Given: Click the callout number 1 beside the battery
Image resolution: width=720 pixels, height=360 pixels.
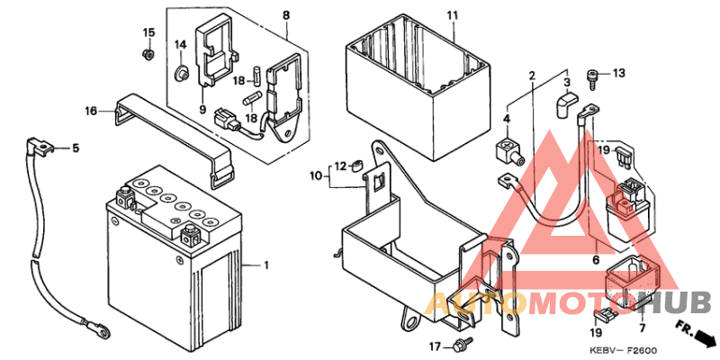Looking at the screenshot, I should click(266, 265).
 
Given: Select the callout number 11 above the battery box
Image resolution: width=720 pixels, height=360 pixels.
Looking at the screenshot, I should click(452, 16).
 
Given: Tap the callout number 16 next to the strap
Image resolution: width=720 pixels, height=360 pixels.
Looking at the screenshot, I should click(91, 112).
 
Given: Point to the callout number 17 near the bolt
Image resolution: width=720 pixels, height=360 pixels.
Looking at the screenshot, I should click(434, 346).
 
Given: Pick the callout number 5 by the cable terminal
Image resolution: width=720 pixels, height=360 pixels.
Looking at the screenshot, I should click(76, 148).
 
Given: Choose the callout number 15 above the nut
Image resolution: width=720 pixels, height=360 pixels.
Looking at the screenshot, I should click(148, 33).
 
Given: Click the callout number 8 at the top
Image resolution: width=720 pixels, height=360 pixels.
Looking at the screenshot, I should click(285, 16).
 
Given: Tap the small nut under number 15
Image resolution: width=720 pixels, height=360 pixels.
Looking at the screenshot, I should click(148, 54).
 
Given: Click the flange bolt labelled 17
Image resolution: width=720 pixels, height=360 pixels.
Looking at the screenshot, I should click(463, 345).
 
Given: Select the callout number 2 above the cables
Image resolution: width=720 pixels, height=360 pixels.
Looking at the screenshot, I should click(532, 75).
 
